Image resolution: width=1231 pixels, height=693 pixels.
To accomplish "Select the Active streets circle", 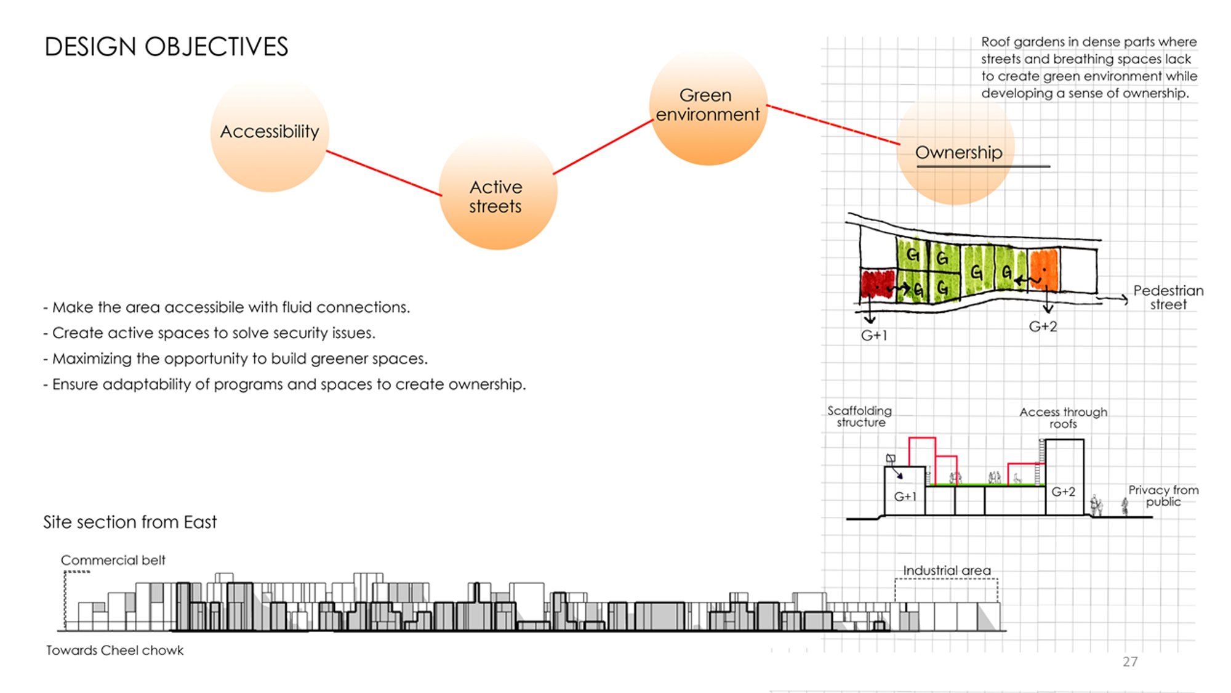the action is (498, 192).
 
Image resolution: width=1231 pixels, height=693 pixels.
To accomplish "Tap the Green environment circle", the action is (708, 107).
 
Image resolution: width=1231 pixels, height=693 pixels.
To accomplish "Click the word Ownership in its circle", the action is (958, 152).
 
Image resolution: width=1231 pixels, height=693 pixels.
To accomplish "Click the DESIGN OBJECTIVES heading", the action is (166, 47).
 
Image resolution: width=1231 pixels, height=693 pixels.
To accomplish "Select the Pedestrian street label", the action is (1168, 298).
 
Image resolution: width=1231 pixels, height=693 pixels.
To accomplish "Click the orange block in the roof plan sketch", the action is (1043, 270).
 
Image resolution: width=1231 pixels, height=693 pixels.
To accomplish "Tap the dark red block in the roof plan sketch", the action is (877, 284).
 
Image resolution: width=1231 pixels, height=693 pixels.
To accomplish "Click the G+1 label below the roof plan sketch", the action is (874, 336).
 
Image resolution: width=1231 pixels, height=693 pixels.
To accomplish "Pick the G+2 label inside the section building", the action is (1063, 492).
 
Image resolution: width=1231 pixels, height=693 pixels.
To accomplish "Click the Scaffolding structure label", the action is (860, 416).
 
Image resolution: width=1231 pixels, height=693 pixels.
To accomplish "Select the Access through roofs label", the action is (1063, 418).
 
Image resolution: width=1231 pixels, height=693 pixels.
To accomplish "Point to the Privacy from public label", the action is (1163, 496).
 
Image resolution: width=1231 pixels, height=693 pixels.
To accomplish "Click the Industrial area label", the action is (947, 571).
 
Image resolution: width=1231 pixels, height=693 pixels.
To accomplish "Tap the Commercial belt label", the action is (113, 561).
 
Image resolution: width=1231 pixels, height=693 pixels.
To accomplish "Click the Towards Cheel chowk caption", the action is (114, 650).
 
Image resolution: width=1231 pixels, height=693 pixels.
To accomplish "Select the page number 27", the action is (1130, 662).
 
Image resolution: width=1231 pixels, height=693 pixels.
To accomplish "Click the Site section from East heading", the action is (130, 522).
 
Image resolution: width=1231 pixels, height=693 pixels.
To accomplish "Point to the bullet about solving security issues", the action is (209, 333).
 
